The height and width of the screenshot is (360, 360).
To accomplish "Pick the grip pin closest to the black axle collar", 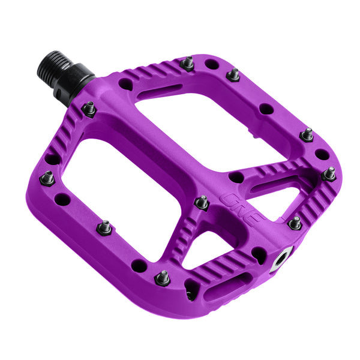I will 89,109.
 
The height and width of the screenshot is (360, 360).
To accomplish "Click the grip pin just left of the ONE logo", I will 202,202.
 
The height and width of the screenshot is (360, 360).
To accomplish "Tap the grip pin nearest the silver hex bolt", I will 295,223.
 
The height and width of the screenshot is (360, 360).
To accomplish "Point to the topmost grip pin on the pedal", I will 188,63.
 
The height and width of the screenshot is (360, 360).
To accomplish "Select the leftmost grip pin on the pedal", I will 47,178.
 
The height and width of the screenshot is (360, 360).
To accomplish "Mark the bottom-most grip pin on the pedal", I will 162,278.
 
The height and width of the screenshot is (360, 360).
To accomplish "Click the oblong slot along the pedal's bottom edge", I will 227,287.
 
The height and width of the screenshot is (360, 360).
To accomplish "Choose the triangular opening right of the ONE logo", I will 276,198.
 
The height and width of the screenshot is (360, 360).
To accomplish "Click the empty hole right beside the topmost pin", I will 211,64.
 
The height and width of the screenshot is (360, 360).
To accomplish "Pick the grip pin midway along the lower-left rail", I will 104,227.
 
